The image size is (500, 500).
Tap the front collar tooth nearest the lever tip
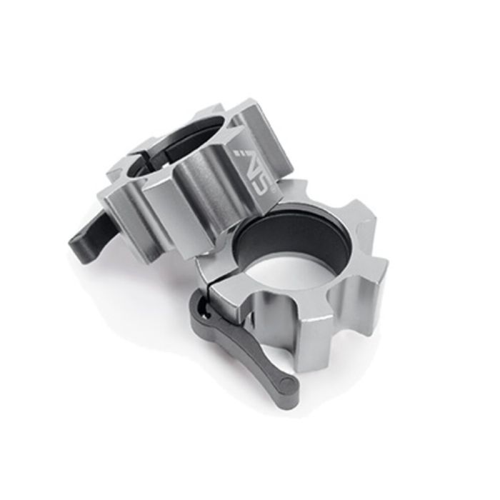point(314,336)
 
